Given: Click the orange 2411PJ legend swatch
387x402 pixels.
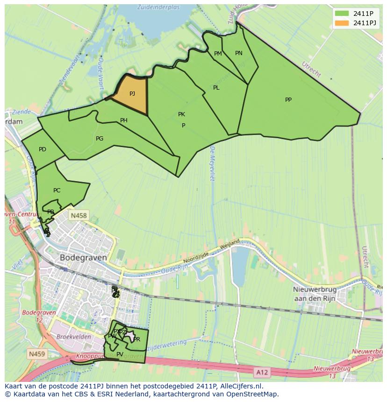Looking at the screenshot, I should click(341, 23).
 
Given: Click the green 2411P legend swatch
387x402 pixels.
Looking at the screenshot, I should click(341, 14).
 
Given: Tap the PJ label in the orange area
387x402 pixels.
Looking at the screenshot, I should click(132, 94).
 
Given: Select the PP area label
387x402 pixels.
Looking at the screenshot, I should click(288, 100).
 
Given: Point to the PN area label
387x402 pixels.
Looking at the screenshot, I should click(239, 53).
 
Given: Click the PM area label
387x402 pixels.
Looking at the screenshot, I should click(218, 54).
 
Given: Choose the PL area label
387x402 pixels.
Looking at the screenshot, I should click(216, 88).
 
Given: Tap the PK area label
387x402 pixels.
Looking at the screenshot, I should click(181, 114).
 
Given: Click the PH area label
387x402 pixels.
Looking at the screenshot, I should click(124, 120).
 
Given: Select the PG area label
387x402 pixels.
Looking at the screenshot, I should click(100, 139).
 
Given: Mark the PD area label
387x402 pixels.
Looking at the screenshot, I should click(43, 149).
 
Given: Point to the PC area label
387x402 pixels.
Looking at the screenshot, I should click(57, 190).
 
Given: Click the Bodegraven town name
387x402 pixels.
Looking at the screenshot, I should click(83, 257).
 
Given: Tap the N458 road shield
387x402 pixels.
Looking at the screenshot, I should click(78, 216).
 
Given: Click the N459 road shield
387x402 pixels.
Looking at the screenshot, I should click(36, 354).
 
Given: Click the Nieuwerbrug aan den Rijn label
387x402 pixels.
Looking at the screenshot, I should click(316, 294).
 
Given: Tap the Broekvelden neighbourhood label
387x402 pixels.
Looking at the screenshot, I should click(72, 336).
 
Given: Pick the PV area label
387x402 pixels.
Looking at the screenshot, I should click(120, 354).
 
